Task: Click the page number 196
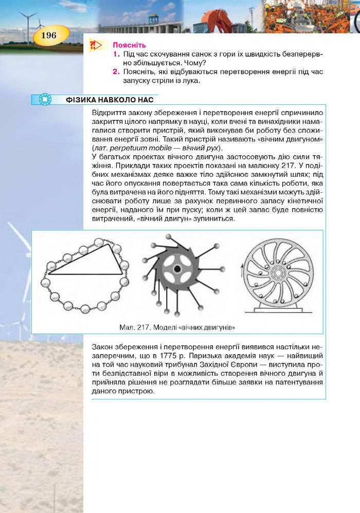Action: click(49, 35)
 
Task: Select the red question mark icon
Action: click(96, 46)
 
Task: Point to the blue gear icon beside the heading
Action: click(45, 99)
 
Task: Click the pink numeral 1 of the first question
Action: click(117, 54)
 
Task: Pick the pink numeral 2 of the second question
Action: click(117, 71)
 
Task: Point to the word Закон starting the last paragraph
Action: click(102, 346)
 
